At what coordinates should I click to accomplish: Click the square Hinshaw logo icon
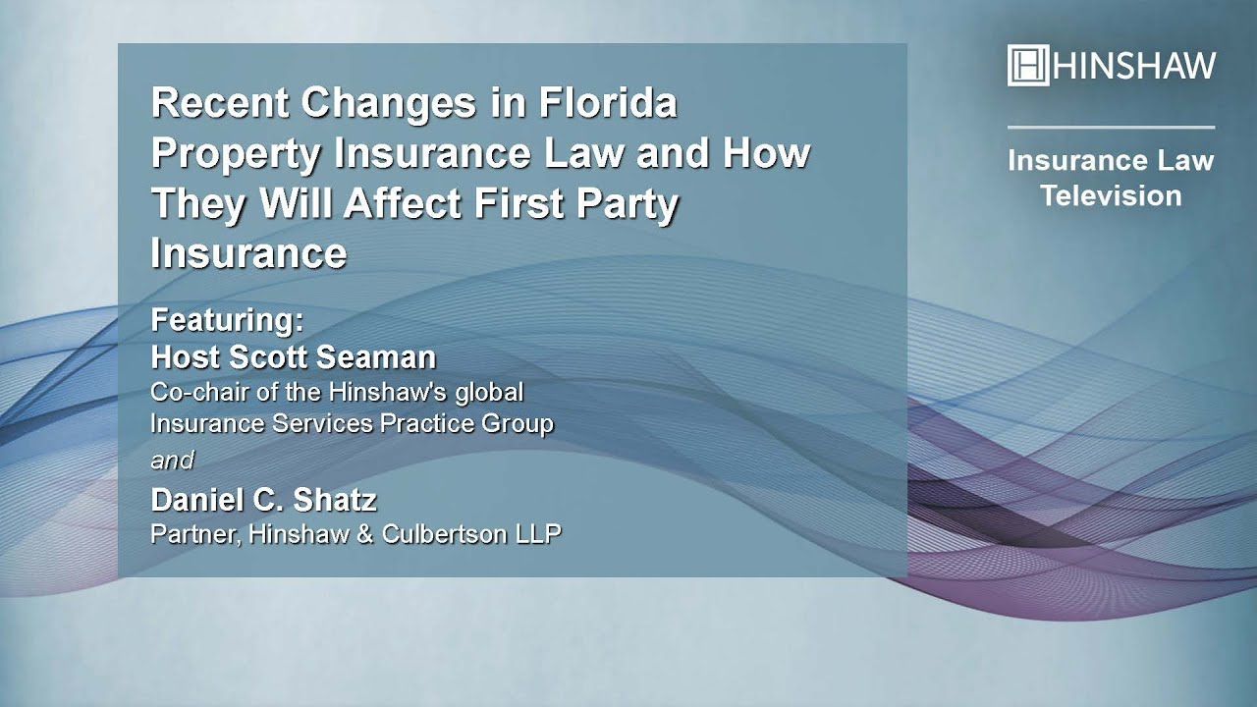[1028, 65]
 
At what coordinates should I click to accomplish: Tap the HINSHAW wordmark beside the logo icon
[1134, 66]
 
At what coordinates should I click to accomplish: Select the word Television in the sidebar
[1111, 195]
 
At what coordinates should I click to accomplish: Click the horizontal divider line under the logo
[1111, 128]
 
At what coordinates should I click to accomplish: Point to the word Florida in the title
[608, 103]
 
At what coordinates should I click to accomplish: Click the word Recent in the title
[220, 103]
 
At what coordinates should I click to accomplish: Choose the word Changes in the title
[388, 104]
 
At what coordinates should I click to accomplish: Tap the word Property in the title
[237, 154]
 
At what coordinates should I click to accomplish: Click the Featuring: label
[227, 320]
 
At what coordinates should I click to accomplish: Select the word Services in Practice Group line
[322, 423]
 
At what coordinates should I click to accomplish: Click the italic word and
[172, 461]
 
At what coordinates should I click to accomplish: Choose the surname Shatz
[335, 500]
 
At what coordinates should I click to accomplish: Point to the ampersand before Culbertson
[364, 534]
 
